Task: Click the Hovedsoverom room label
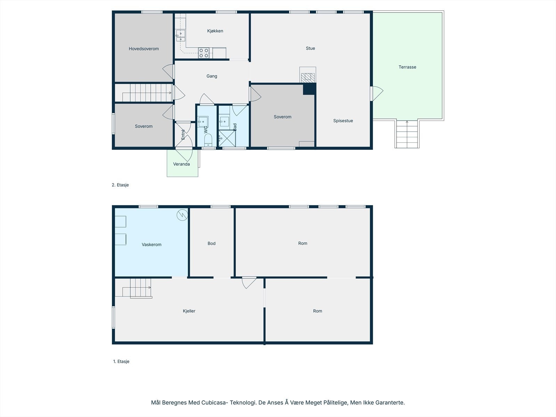click(144, 49)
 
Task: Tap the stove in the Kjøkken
click(204, 53)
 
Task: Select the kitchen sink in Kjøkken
click(180, 36)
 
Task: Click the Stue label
click(310, 48)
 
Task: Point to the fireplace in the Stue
click(308, 77)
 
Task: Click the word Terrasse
click(407, 67)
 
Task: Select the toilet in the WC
click(208, 140)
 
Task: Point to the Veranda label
click(181, 164)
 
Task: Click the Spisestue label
click(343, 121)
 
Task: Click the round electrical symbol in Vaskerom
click(182, 215)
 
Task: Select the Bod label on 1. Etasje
click(211, 244)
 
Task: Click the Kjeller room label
click(189, 311)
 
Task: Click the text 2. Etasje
click(120, 185)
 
